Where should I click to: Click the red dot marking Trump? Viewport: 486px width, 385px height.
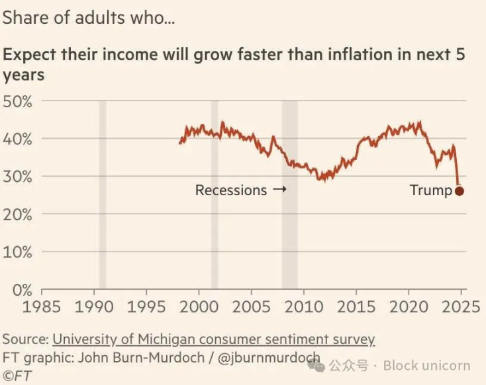tap(460, 191)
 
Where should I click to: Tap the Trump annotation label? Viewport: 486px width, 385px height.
tap(430, 191)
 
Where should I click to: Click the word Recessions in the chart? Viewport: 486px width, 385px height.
tap(230, 191)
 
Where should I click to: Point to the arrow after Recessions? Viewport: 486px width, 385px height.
tap(279, 191)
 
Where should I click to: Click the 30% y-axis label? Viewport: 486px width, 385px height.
tap(19, 177)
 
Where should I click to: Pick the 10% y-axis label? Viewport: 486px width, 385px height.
tap(19, 252)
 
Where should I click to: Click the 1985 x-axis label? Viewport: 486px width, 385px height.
tap(42, 307)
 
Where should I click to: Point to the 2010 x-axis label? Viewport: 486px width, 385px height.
tap(303, 307)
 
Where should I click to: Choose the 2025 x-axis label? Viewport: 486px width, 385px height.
tap(462, 307)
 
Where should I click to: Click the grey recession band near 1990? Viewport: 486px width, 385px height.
tap(103, 198)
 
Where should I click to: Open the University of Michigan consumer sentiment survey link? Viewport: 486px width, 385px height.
tap(213, 339)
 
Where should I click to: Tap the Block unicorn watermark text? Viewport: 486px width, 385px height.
tap(426, 365)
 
